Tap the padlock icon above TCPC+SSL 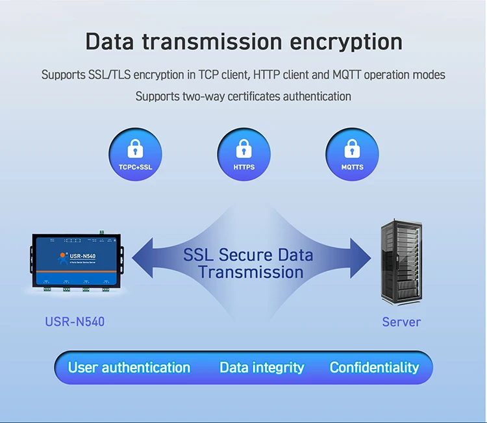pyautogui.click(x=136, y=149)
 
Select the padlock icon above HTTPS pyautogui.click(x=243, y=149)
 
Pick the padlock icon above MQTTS pyautogui.click(x=352, y=149)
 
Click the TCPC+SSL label pyautogui.click(x=136, y=167)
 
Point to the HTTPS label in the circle pyautogui.click(x=243, y=167)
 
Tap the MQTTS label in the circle pyautogui.click(x=352, y=167)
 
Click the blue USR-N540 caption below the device pyautogui.click(x=75, y=322)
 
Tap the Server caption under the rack pyautogui.click(x=401, y=322)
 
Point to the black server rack pyautogui.click(x=401, y=262)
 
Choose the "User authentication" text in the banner pyautogui.click(x=129, y=368)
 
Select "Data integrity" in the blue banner pyautogui.click(x=262, y=368)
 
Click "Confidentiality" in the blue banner pyautogui.click(x=374, y=368)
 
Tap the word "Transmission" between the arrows pyautogui.click(x=251, y=272)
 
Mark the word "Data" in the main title pyautogui.click(x=110, y=42)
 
